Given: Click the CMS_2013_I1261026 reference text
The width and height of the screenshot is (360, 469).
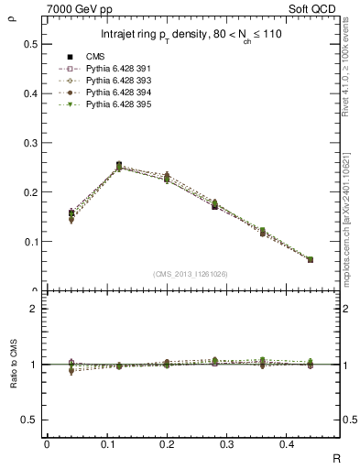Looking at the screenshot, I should tap(192, 274).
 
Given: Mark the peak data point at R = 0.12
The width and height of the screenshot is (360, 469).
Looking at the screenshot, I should tap(119, 166).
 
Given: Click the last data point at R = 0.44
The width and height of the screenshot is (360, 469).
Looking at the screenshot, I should tap(311, 259).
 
